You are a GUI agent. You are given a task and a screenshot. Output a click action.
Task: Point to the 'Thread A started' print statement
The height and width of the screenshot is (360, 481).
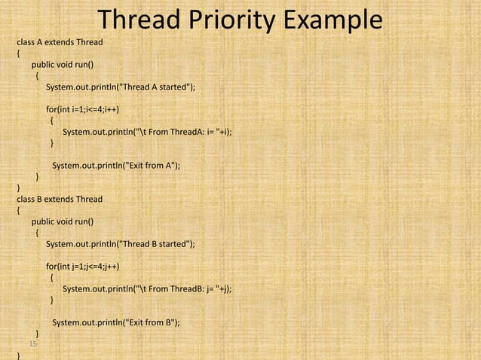[x=121, y=87]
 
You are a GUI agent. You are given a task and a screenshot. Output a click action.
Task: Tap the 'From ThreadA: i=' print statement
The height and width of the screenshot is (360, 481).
[x=147, y=132]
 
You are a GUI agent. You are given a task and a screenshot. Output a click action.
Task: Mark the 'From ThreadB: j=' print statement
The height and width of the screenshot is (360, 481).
[x=147, y=288]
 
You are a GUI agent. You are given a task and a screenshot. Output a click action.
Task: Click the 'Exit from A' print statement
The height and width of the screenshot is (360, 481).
[x=116, y=166]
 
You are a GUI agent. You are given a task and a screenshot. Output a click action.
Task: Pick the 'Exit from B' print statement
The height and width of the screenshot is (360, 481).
[x=116, y=322]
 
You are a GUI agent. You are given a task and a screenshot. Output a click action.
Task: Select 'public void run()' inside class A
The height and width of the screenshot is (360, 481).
[x=62, y=65]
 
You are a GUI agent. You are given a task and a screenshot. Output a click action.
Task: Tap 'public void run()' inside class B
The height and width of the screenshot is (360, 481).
[x=62, y=221]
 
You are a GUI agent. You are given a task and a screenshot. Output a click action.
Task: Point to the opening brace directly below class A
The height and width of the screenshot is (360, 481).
[x=19, y=53]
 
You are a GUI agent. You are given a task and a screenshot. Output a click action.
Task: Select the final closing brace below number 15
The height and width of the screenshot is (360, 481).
[x=19, y=354]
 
